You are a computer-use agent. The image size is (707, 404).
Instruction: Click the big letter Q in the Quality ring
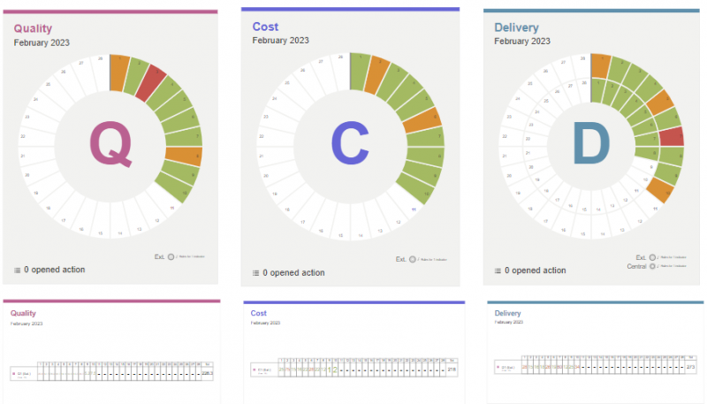pyautogui.click(x=111, y=145)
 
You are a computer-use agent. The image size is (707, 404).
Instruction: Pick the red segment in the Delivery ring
pyautogui.click(x=672, y=136)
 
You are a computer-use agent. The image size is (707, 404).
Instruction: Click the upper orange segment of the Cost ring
pyautogui.click(x=377, y=76)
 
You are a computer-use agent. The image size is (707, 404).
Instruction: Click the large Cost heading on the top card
pyautogui.click(x=265, y=27)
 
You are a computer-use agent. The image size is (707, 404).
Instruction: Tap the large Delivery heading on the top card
pyautogui.click(x=516, y=28)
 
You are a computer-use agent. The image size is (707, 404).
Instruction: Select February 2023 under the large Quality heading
pyautogui.click(x=42, y=42)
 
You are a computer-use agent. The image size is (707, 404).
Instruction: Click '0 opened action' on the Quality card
pyautogui.click(x=54, y=270)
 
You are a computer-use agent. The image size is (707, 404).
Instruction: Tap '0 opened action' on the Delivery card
pyautogui.click(x=535, y=271)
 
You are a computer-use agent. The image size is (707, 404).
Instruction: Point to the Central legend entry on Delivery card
pyautogui.click(x=636, y=265)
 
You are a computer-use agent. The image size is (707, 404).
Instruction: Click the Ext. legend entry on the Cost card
pyautogui.click(x=400, y=259)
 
